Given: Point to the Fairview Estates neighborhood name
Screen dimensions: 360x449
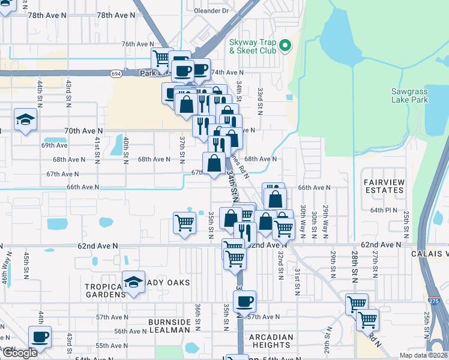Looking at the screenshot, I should point(384,185).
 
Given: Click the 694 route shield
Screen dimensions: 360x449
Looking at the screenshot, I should point(116,73).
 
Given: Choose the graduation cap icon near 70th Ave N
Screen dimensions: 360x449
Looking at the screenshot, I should point(26,119).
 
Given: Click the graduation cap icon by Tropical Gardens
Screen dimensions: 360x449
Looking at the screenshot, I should point(133,282).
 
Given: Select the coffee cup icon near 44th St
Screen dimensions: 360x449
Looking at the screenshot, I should point(40,337).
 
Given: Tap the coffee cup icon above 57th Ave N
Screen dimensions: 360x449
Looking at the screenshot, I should point(244,301).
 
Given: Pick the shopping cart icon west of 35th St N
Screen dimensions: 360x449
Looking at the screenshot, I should point(184,223).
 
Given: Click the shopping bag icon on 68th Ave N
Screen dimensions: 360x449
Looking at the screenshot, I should point(214,163).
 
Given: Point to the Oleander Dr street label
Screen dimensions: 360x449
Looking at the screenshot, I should point(212,11).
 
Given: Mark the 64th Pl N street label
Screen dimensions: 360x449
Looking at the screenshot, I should point(384,210).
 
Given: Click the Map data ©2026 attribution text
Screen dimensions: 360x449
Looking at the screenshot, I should point(423,355).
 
